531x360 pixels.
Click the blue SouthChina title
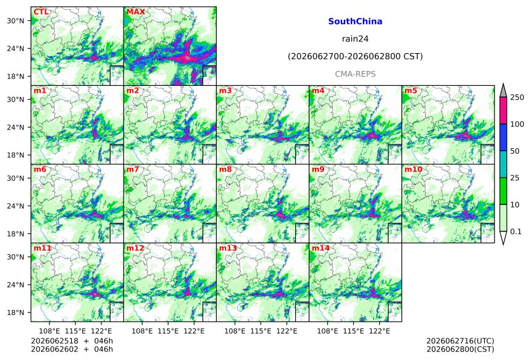355,22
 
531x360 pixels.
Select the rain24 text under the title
355,39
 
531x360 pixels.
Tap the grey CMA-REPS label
355,74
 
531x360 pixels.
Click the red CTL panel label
41,12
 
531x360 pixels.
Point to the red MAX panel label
135,12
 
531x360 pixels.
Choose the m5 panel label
411,91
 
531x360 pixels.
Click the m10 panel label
414,169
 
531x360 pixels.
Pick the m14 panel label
320,248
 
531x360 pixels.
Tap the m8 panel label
225,169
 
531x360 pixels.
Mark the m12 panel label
135,248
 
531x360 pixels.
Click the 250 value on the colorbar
517,98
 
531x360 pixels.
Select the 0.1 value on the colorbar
516,232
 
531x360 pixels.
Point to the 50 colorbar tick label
515,151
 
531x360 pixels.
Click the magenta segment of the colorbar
503,111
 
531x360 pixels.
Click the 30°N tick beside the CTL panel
15,21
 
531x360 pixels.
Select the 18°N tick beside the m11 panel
15,312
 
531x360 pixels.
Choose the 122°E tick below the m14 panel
379,331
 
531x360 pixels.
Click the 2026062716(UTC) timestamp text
460,341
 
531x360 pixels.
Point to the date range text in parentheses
355,56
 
